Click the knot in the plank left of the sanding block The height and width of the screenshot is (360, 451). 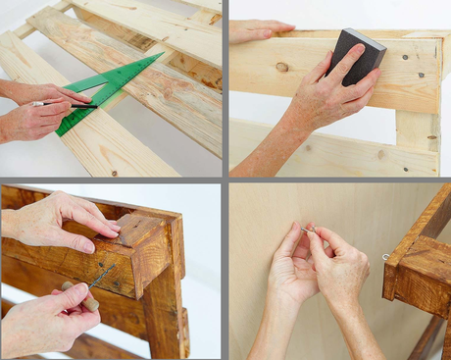[x=282, y=67]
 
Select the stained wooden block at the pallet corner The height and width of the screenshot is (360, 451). [x=147, y=250]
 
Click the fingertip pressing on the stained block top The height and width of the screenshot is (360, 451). [x=113, y=228]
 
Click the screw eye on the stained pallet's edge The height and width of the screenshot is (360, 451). [x=386, y=257]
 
